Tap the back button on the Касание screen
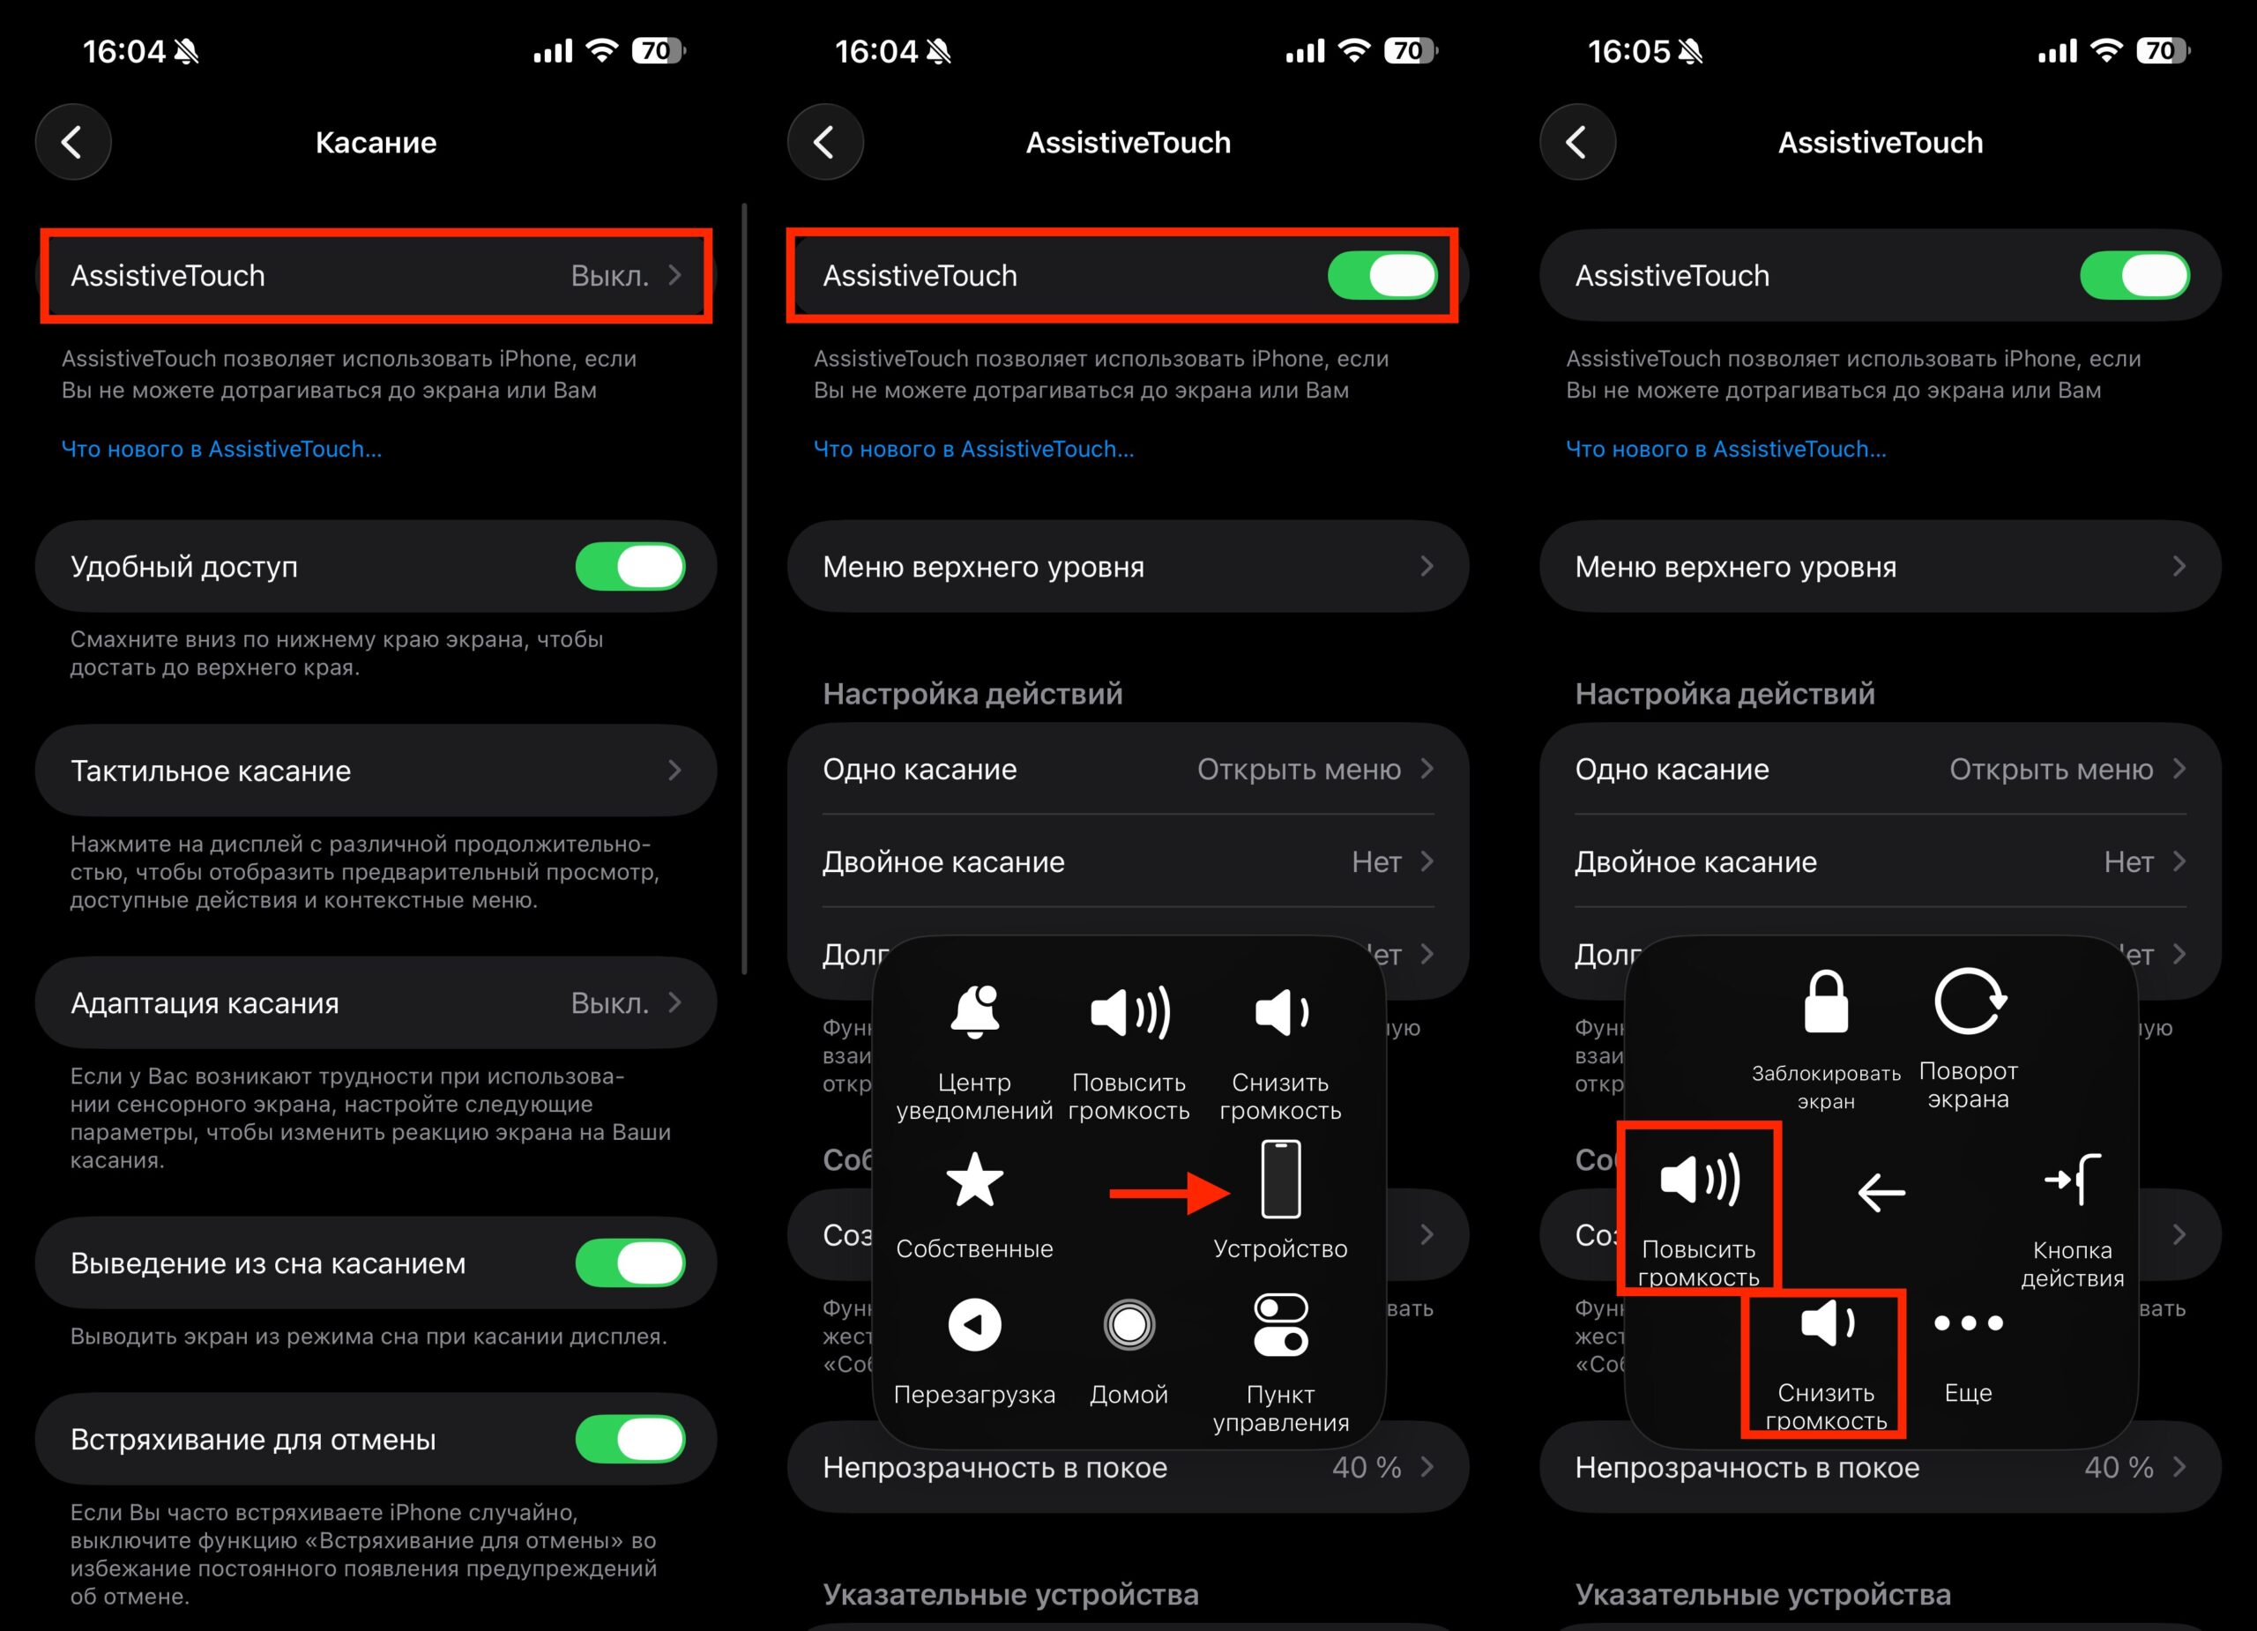(x=72, y=142)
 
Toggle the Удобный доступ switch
(x=629, y=566)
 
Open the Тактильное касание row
(x=376, y=771)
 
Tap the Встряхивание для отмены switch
(x=629, y=1439)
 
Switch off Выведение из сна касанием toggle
(x=629, y=1262)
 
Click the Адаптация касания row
(x=376, y=1003)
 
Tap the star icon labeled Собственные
(x=973, y=1181)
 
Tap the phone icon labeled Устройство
(x=1280, y=1181)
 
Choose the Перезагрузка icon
(x=973, y=1324)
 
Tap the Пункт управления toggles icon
(x=1280, y=1324)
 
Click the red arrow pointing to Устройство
(x=1168, y=1192)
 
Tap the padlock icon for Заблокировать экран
(x=1825, y=1002)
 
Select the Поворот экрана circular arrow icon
(x=1968, y=1002)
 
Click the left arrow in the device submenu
(x=1880, y=1191)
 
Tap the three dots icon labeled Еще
(x=1968, y=1323)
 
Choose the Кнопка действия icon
(x=2072, y=1181)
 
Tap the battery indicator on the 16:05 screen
(x=2162, y=51)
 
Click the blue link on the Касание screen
(x=221, y=449)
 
